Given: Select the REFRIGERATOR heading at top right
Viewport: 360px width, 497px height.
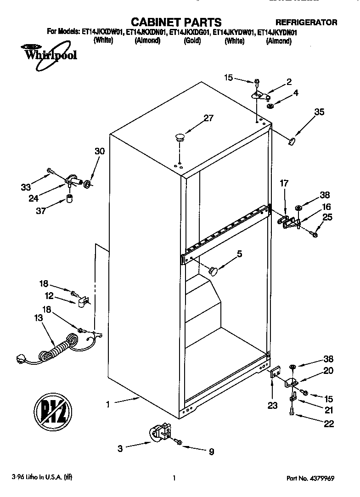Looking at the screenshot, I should pos(306,22).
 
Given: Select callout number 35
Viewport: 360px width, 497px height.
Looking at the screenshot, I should pos(319,112).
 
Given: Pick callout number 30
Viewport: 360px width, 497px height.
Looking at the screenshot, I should pos(99,151).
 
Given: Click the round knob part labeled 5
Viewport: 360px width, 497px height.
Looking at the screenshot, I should pos(213,271).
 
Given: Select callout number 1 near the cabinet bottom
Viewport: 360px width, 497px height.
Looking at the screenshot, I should pos(107,405).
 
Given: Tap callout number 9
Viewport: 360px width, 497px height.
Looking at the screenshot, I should pos(211,452).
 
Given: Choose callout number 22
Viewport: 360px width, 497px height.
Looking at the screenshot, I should pos(328,424).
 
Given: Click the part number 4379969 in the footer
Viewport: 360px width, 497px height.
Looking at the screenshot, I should pos(321,478).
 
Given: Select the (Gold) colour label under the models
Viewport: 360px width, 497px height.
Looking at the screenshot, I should pos(191,40).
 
